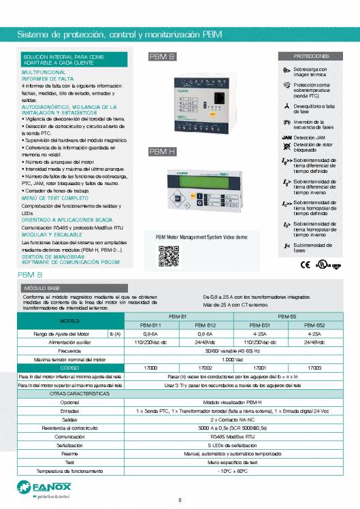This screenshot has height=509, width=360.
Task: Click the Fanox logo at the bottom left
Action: [x=33, y=489]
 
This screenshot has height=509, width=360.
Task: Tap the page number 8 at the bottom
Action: [x=180, y=500]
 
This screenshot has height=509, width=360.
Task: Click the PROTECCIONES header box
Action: [x=312, y=56]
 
